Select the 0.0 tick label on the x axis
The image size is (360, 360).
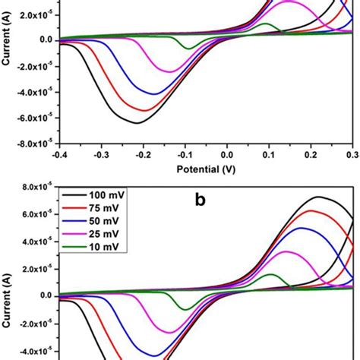[x=227, y=154]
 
